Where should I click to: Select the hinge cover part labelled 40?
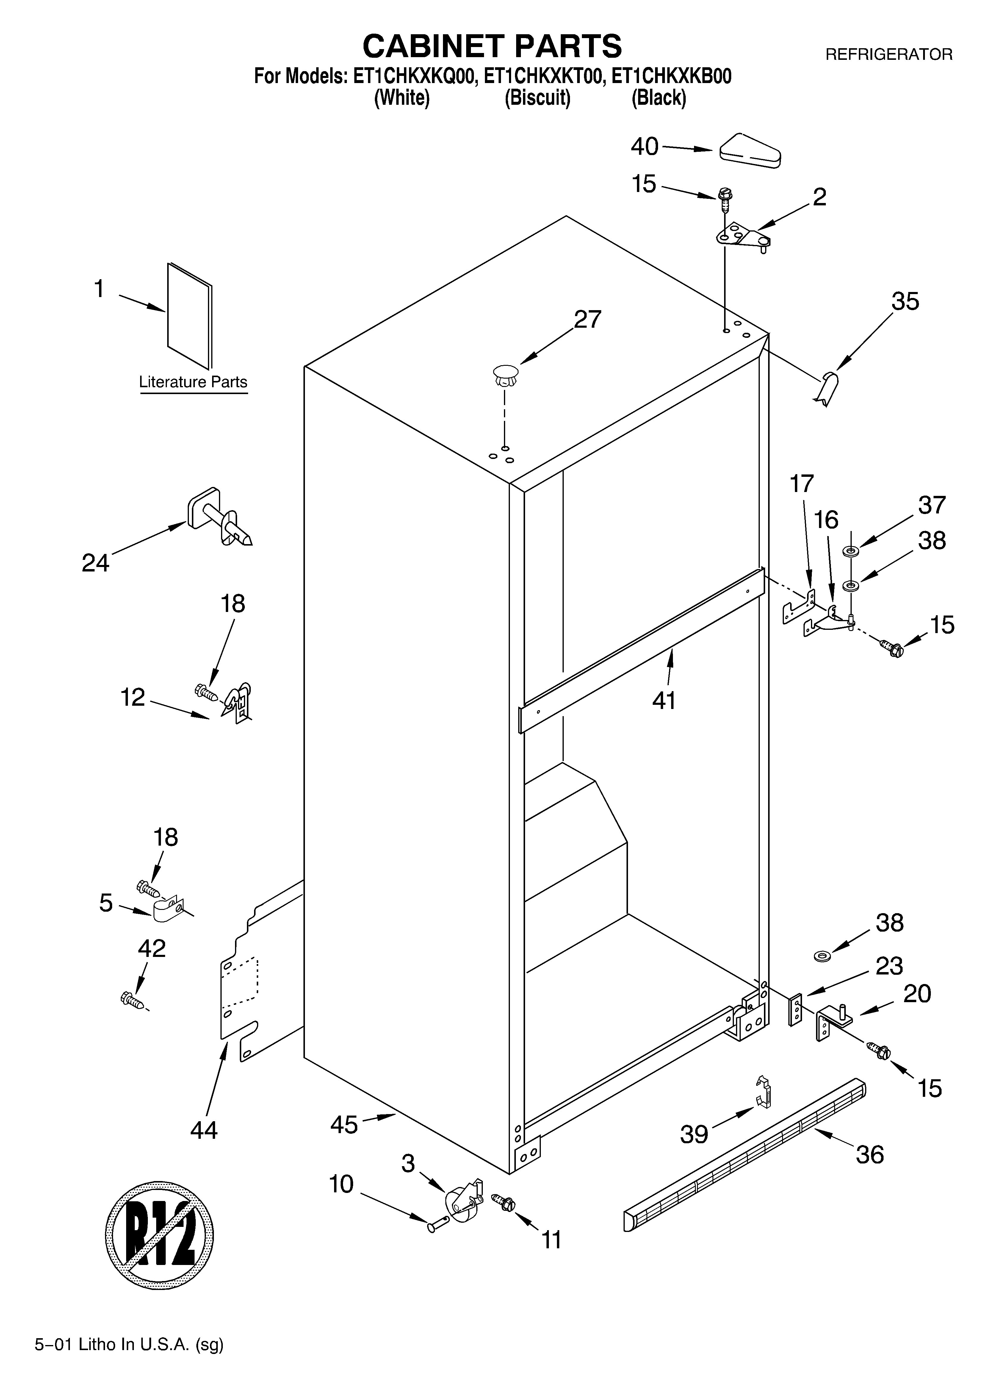[750, 150]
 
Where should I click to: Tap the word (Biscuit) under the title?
[538, 98]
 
